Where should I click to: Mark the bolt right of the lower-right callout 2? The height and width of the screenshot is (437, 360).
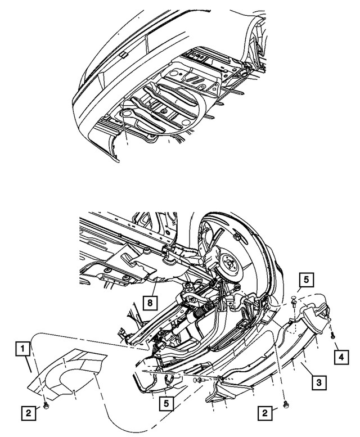point(286,404)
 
